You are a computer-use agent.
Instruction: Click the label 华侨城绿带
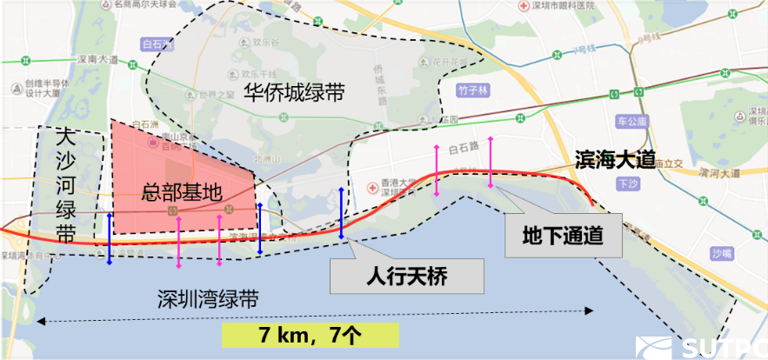pyautogui.click(x=294, y=94)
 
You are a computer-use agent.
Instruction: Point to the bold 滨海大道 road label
pyautogui.click(x=613, y=160)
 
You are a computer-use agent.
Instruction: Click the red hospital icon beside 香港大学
pyautogui.click(x=374, y=186)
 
